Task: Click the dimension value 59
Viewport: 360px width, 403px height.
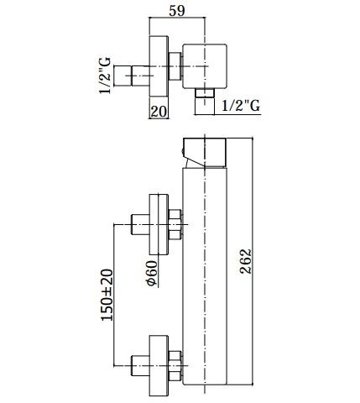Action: coord(177,11)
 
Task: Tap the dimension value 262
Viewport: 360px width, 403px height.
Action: coord(246,261)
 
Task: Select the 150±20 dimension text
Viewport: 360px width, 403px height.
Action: coord(107,295)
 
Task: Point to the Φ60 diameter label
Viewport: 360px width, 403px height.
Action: coord(152,274)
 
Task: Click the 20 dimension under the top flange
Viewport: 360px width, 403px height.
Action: coord(159,111)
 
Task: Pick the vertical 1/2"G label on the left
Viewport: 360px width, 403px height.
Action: coord(105,76)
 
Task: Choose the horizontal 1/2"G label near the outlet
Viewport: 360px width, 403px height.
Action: coord(241,106)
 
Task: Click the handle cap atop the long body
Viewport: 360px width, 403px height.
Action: coord(204,153)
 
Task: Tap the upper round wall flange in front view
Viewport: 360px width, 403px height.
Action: coord(159,224)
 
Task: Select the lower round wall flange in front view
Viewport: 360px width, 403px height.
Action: coord(159,366)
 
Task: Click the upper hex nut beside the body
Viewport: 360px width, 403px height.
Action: coord(175,224)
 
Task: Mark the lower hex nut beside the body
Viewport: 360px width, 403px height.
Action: coord(175,365)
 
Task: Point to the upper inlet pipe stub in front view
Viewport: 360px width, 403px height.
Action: coord(140,224)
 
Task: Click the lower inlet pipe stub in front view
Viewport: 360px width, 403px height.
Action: coord(140,365)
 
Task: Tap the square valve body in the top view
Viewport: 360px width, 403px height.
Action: coord(205,66)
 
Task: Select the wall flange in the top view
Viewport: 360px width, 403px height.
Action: coord(159,66)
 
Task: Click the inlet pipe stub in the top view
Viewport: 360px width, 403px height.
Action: coord(132,76)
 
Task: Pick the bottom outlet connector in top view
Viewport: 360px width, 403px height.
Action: coord(205,102)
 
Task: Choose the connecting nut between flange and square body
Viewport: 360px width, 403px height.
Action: coord(175,66)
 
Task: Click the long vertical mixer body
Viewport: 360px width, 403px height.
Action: coord(205,275)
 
